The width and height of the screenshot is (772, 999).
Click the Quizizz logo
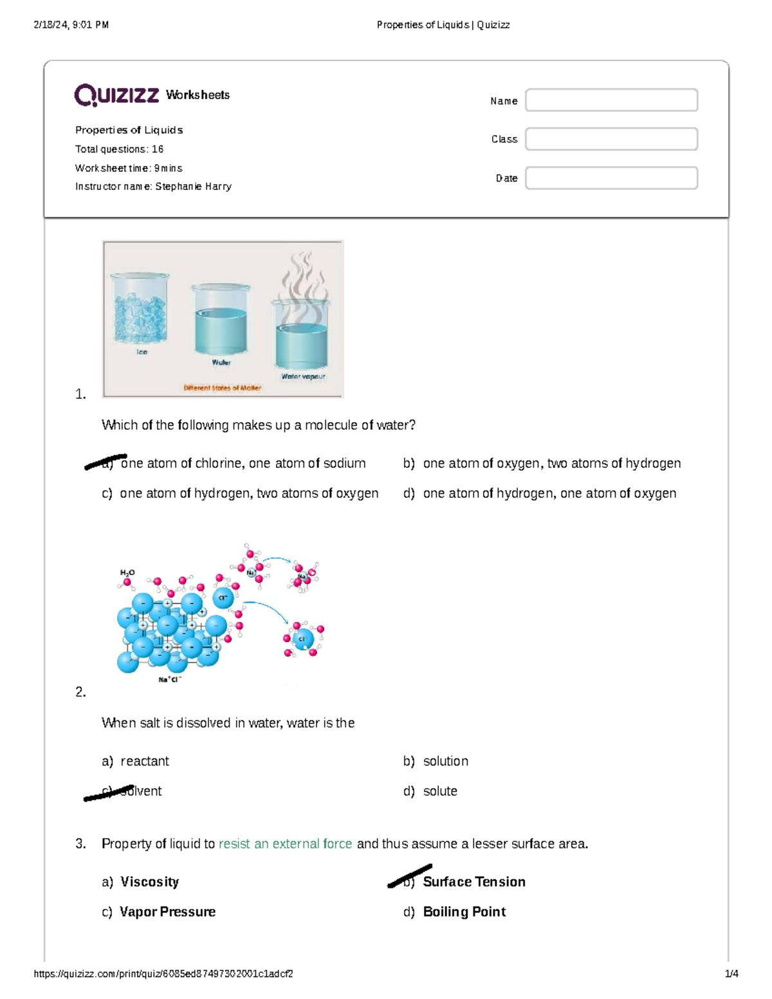click(x=116, y=95)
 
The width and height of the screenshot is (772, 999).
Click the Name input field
click(x=611, y=100)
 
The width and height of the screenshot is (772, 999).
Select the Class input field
click(x=611, y=139)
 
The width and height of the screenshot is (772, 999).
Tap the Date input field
click(x=611, y=178)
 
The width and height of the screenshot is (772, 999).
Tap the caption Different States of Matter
click(x=222, y=388)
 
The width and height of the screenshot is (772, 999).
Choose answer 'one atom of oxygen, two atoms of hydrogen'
click(x=551, y=463)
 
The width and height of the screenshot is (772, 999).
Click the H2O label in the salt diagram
click(x=127, y=572)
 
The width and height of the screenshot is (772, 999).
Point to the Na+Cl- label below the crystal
click(x=170, y=679)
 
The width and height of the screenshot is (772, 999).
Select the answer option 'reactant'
click(x=144, y=761)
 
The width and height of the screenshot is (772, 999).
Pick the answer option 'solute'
click(x=440, y=791)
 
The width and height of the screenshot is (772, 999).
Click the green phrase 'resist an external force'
click(x=285, y=844)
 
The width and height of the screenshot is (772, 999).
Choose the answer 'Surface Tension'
click(x=473, y=882)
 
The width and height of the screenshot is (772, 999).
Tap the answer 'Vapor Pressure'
click(x=167, y=912)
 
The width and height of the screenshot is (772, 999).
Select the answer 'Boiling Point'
click(x=464, y=912)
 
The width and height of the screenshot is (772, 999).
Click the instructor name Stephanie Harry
click(x=193, y=187)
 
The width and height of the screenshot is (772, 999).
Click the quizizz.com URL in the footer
click(x=163, y=974)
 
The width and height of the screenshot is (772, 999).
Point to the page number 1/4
click(x=731, y=974)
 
